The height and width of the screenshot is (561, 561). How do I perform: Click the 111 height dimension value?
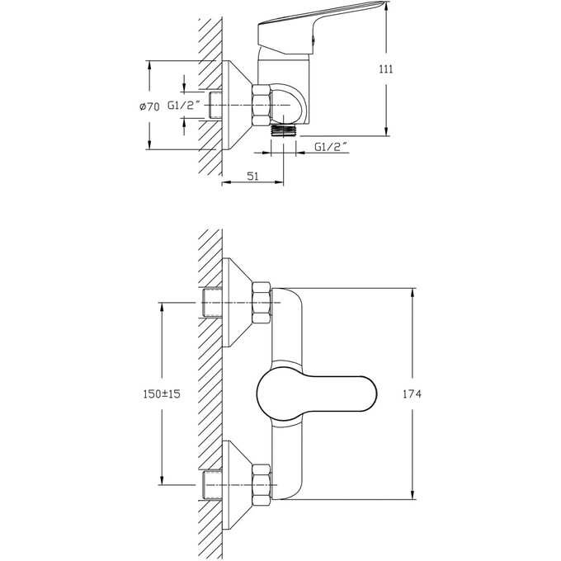(x=386, y=68)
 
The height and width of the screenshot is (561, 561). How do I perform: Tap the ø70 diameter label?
(x=149, y=106)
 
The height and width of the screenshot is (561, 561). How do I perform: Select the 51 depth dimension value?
(x=252, y=176)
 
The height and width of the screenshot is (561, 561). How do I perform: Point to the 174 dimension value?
(x=412, y=394)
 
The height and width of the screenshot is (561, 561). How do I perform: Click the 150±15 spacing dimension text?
(x=162, y=394)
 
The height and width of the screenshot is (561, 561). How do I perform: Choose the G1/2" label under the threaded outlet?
(x=332, y=147)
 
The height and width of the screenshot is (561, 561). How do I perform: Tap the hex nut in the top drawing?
(x=261, y=106)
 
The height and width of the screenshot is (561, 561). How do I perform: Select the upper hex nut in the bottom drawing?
(x=262, y=303)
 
